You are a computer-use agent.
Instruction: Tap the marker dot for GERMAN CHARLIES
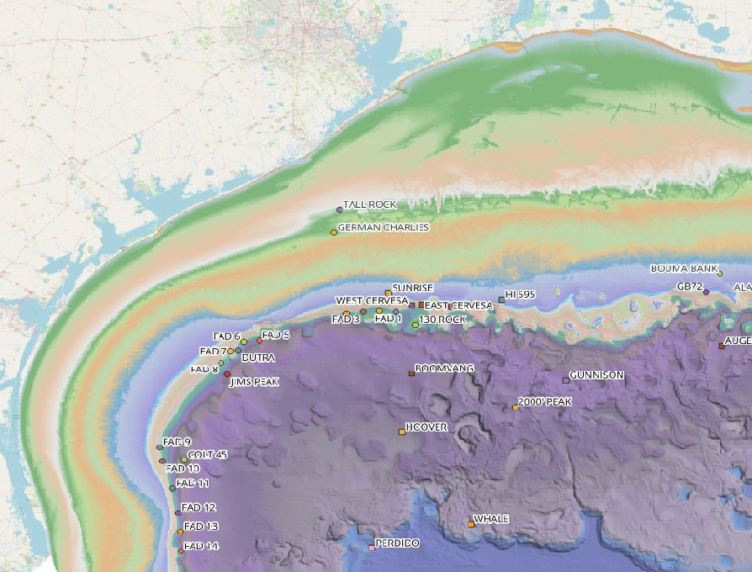pos(334,232)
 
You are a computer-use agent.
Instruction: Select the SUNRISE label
pos(412,288)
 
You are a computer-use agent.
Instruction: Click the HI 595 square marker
pos(501,299)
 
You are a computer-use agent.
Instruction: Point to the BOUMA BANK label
pos(684,269)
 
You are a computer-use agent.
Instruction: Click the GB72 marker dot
pos(706,292)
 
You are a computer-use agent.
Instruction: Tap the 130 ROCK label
pos(442,320)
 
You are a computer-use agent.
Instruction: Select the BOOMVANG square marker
pos(411,373)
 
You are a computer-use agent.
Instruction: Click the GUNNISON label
pos(597,375)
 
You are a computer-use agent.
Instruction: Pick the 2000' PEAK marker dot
pos(516,407)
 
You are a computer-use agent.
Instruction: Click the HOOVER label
pos(426,427)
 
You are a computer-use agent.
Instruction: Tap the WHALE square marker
pos(471,525)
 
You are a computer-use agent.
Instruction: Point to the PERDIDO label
pos(397,543)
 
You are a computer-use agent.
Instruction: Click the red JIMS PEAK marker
pos(227,374)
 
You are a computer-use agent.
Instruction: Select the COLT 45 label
pos(208,454)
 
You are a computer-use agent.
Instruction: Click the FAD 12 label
pos(199,507)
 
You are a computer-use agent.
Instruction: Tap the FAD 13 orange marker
pos(180,532)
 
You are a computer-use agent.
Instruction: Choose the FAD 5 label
pos(276,335)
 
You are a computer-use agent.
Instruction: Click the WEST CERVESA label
pos(372,300)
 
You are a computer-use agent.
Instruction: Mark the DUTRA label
pos(258,357)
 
